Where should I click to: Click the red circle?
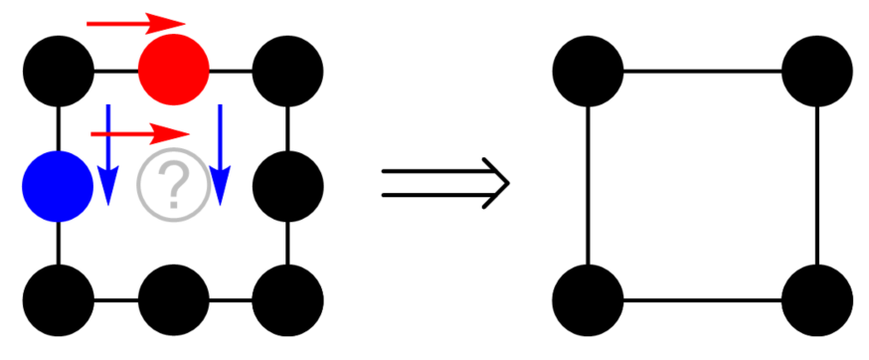(174, 71)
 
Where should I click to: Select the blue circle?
(59, 185)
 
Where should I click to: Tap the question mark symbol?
(174, 185)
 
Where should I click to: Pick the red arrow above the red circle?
(136, 22)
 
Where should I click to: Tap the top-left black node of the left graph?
(59, 71)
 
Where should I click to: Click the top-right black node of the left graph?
(288, 71)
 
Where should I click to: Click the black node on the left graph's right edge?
(288, 185)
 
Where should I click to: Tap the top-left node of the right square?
(588, 71)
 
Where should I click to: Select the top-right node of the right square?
(817, 71)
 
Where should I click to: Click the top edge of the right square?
(702, 71)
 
